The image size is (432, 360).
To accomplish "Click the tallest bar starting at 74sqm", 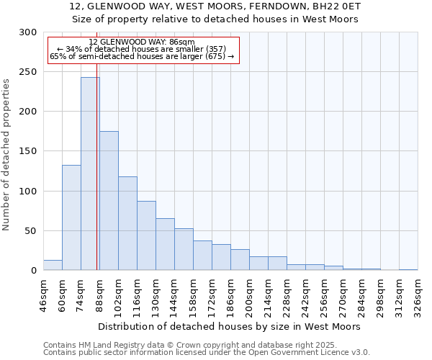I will [x=90, y=174].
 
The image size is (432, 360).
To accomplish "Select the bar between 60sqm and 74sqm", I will [x=71, y=217].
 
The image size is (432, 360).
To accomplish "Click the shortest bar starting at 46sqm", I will [x=53, y=265].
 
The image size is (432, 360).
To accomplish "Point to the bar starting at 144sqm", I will [x=184, y=249].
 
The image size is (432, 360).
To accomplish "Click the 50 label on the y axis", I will [x=32, y=231].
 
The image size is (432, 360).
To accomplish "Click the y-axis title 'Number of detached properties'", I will [x=6, y=155].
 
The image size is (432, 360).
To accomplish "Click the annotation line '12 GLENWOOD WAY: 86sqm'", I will [x=142, y=42].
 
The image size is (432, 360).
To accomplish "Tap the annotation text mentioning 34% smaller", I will [x=142, y=49].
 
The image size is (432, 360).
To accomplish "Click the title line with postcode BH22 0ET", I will [x=215, y=6].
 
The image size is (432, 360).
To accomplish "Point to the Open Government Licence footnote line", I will [x=207, y=353].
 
